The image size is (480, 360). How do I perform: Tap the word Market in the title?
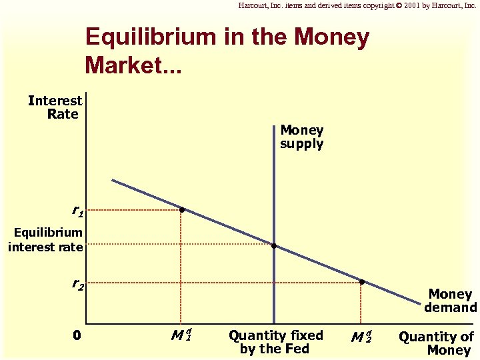click(x=127, y=64)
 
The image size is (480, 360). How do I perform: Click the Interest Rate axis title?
click(x=55, y=107)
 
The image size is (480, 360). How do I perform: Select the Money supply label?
click(x=301, y=137)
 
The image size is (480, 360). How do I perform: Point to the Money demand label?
click(x=450, y=301)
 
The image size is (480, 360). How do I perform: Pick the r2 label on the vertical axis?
click(x=78, y=285)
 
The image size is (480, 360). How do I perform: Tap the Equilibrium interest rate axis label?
click(x=46, y=240)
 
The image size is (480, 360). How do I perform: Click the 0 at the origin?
click(x=77, y=335)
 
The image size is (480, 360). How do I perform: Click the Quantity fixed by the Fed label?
click(x=275, y=342)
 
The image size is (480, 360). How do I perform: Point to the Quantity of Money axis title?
click(x=436, y=343)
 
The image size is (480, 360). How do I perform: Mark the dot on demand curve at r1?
click(x=181, y=210)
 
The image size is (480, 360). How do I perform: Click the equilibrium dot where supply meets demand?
click(x=274, y=246)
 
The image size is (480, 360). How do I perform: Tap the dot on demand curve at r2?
click(x=361, y=282)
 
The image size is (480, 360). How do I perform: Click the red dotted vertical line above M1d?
click(x=181, y=267)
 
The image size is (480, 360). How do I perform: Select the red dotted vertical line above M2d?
click(x=361, y=303)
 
